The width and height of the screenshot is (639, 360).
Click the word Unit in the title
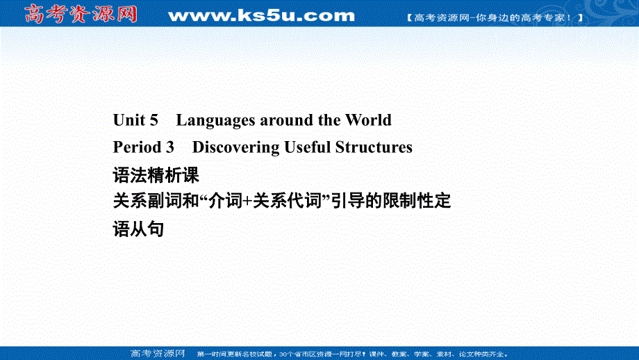[130, 120]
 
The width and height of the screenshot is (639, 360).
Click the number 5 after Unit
[154, 120]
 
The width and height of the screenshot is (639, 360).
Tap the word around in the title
[287, 120]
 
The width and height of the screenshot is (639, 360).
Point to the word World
[368, 120]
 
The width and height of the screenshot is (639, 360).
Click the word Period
[138, 147]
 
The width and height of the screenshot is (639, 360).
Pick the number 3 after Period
[169, 147]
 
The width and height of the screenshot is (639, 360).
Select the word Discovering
[235, 147]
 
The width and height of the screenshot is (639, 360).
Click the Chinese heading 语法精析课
[156, 174]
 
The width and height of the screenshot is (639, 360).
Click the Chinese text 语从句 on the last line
[138, 229]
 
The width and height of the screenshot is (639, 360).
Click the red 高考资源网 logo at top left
[81, 13]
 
